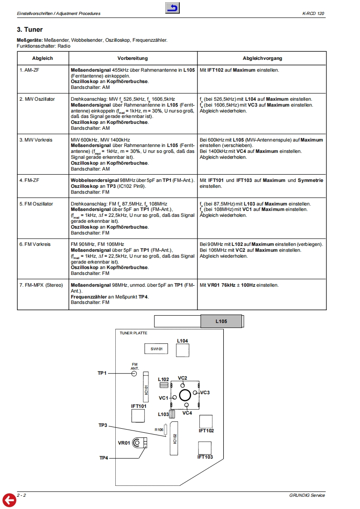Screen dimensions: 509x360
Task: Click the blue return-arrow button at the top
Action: coord(173,8)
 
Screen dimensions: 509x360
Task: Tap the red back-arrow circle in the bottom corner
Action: coord(9,500)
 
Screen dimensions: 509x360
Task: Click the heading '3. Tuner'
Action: coord(30,30)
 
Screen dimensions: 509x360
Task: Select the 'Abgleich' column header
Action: coord(43,59)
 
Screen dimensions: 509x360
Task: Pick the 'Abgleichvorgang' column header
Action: coord(262,59)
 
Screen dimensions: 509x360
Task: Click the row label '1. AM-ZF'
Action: coord(30,70)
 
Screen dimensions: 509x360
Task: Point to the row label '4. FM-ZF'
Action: coord(30,180)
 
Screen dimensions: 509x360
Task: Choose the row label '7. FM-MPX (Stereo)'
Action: coord(41,285)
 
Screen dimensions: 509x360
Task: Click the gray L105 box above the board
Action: coord(221,322)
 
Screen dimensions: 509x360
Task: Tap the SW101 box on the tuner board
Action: coord(156,349)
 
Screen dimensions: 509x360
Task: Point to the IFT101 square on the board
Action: coord(138,416)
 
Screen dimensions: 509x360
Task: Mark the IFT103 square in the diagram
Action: coord(205,448)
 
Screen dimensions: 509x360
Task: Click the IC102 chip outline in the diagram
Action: coord(174,438)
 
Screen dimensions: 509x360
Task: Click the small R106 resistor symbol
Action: coord(166,430)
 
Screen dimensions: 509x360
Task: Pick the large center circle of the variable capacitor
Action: coord(184,395)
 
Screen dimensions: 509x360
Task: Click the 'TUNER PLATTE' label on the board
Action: coord(133,333)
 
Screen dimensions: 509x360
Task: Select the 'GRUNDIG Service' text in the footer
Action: coord(307,495)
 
